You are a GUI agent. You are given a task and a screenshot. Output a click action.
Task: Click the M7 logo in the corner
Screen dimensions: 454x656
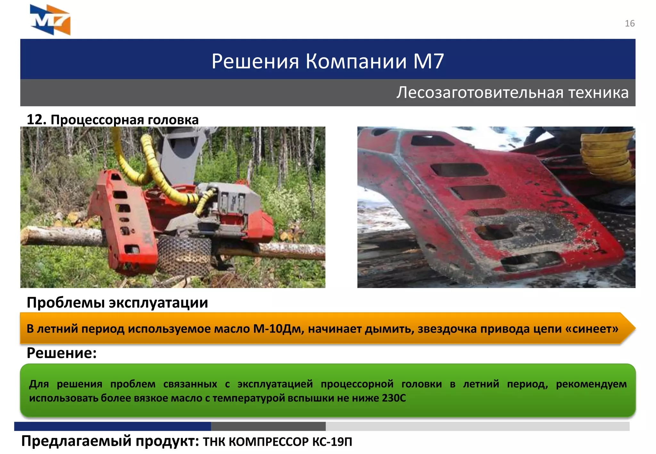50,20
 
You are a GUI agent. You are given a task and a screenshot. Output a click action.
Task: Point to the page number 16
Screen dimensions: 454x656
629,24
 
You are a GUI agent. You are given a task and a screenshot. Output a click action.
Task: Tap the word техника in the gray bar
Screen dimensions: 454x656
598,93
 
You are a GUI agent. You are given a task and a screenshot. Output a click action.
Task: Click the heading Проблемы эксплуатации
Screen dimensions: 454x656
117,303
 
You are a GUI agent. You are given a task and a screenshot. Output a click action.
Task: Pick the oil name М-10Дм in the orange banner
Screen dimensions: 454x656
278,329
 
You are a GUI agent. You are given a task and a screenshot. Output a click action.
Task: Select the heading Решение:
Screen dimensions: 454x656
61,353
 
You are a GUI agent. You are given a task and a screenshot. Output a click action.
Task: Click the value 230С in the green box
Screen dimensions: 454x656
394,398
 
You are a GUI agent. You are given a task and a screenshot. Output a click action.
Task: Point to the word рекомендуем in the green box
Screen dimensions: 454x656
591,384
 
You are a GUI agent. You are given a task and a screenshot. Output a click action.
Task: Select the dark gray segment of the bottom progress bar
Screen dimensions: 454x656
268,426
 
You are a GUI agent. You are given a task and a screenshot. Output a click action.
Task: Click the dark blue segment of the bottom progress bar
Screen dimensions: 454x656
112,426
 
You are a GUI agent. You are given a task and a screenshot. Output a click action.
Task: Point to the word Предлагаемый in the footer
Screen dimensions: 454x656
76,442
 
